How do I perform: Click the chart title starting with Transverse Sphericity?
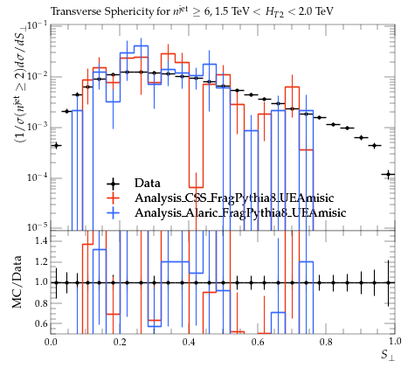point(192,11)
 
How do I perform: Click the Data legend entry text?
point(148,184)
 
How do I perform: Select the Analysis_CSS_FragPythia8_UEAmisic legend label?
point(234,198)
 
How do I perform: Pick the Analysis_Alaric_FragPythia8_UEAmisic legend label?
point(240,213)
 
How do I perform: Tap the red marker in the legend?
point(113,198)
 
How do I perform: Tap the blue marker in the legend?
point(113,213)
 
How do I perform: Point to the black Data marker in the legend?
point(113,184)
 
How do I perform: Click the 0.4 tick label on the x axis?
point(189,342)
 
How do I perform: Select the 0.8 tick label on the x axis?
point(326,342)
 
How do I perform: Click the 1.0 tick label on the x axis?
point(395,342)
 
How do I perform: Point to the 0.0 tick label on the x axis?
point(51,342)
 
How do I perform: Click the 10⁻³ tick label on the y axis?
point(38,127)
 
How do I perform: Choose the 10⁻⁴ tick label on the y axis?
point(38,177)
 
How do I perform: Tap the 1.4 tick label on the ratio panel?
point(41,241)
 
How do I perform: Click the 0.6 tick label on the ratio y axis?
point(41,323)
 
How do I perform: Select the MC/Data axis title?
point(17,282)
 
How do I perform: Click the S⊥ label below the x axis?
point(388,355)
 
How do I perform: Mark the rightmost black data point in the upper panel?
point(388,175)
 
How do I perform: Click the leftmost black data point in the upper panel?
point(56,145)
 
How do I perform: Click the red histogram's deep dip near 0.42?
point(196,187)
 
